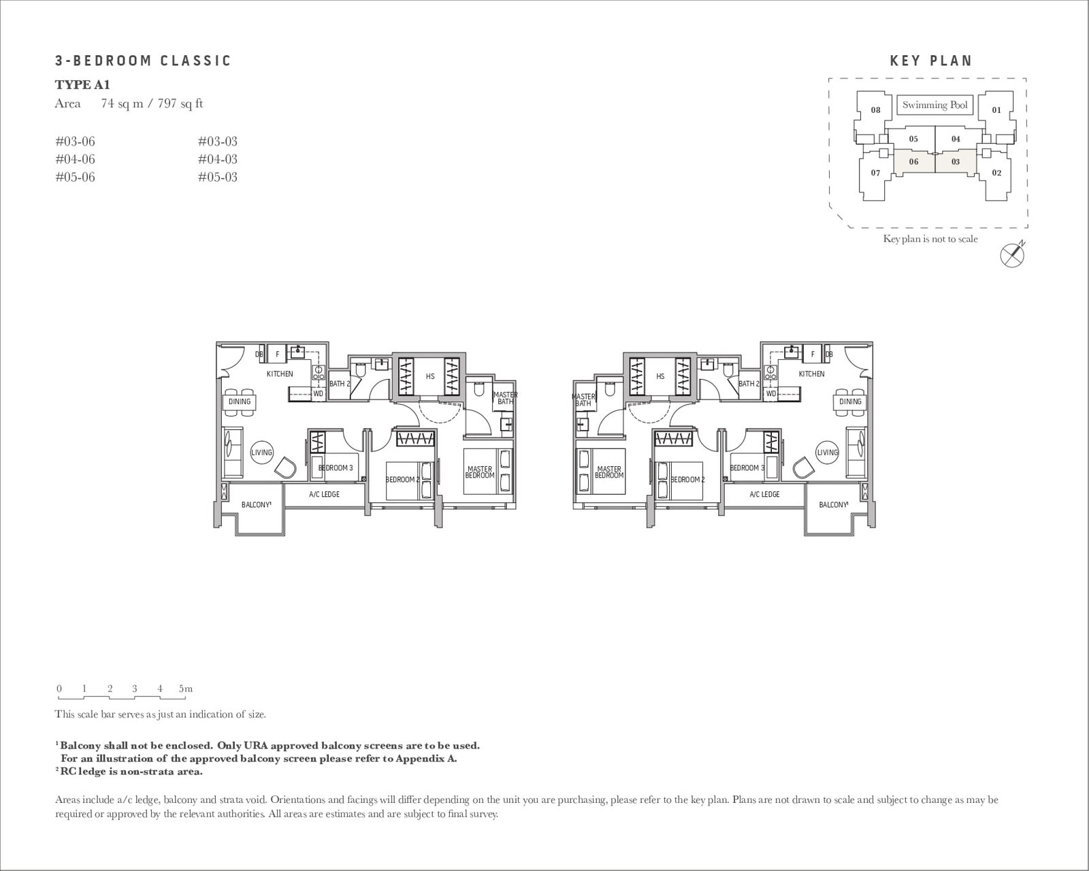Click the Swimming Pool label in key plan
(934, 105)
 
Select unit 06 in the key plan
(913, 162)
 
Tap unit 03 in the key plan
(956, 162)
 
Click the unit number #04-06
(75, 159)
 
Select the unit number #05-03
(217, 177)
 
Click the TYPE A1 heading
(82, 84)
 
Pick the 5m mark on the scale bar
(186, 689)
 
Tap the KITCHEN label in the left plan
(280, 374)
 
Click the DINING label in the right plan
(850, 401)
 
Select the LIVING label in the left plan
(261, 453)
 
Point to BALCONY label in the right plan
(833, 505)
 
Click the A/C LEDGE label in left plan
(324, 494)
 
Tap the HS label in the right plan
(660, 376)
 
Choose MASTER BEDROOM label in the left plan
(479, 472)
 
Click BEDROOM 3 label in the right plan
(747, 468)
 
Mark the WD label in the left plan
(318, 393)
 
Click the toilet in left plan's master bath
(478, 389)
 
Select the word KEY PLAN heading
(931, 61)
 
